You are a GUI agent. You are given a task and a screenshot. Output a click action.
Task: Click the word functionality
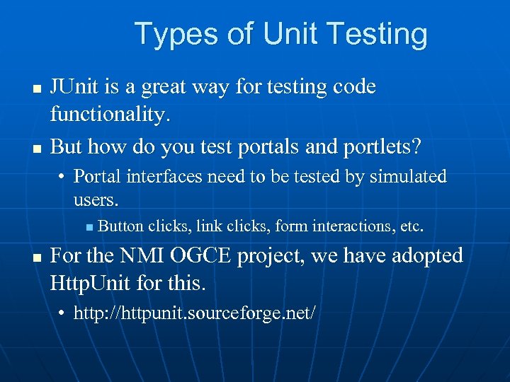pos(110,115)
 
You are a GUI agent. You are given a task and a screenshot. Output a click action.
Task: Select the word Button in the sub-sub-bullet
pos(120,226)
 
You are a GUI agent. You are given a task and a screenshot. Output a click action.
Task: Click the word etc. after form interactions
pos(412,226)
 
